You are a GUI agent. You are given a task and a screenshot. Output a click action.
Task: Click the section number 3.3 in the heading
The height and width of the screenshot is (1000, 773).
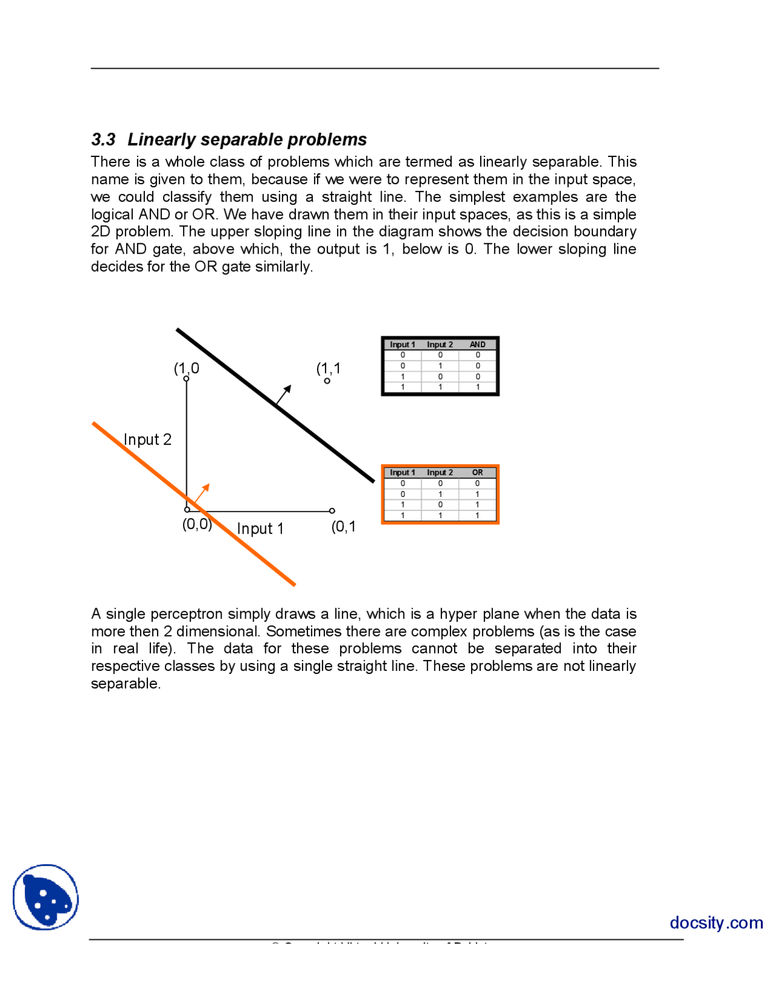[103, 139]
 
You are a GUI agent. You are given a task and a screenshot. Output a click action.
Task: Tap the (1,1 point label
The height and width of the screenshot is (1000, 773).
[328, 368]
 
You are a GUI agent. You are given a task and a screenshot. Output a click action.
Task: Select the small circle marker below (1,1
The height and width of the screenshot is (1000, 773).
[327, 381]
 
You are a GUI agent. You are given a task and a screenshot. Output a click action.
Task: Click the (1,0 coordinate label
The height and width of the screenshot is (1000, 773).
[186, 368]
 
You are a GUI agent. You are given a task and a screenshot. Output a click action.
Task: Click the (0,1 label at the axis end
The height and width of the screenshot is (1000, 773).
[343, 527]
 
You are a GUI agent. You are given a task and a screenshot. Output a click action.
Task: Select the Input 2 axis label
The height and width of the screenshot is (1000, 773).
[147, 440]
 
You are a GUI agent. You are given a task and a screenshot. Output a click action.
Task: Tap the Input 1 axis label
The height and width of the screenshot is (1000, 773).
[260, 529]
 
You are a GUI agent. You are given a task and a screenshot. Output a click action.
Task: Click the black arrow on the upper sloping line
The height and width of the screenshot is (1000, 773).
[284, 394]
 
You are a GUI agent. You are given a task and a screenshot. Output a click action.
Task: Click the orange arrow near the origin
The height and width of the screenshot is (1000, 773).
[202, 492]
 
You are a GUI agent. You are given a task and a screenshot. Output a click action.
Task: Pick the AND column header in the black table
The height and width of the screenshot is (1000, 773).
[477, 345]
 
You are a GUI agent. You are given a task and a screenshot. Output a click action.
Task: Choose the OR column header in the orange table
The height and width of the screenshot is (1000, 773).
[477, 473]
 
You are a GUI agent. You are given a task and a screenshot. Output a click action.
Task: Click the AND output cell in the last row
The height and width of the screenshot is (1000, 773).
[477, 387]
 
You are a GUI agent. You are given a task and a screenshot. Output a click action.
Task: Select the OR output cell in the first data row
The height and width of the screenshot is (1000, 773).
[477, 484]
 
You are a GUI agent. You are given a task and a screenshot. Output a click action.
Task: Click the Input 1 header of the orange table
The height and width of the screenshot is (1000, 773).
[402, 473]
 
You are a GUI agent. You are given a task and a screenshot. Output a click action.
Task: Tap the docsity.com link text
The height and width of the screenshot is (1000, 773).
[716, 923]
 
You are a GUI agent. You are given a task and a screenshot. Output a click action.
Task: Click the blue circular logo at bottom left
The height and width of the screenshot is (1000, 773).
[46, 897]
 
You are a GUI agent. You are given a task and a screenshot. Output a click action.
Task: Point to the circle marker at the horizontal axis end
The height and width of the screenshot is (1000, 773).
[332, 511]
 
